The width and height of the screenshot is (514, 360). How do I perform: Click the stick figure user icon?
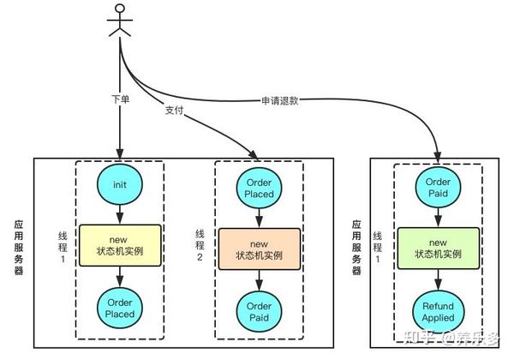120,21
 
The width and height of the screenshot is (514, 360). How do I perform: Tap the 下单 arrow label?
120,99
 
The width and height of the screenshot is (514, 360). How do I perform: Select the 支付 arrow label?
174,111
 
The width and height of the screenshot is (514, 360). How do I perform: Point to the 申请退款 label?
280,100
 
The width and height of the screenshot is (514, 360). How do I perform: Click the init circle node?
120,184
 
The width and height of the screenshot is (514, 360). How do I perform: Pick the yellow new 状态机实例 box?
120,245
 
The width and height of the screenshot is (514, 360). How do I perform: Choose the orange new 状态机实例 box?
260,249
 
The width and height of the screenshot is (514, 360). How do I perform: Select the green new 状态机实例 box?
439,249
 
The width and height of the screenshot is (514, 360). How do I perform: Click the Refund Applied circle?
439,312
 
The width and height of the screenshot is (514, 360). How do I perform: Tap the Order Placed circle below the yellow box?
120,308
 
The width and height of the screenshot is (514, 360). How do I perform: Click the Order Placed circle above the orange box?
260,188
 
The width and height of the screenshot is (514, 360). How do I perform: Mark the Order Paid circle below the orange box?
260,311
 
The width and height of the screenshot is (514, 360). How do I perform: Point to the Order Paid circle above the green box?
439,187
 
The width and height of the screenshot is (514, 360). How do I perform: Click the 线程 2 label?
200,245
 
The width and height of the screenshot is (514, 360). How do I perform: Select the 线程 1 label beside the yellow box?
63,247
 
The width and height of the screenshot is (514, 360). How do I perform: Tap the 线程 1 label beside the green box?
377,247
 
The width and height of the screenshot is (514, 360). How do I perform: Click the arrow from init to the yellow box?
120,214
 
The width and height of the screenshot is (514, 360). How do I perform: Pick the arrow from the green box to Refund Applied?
439,280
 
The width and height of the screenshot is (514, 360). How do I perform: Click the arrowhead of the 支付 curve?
254,155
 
